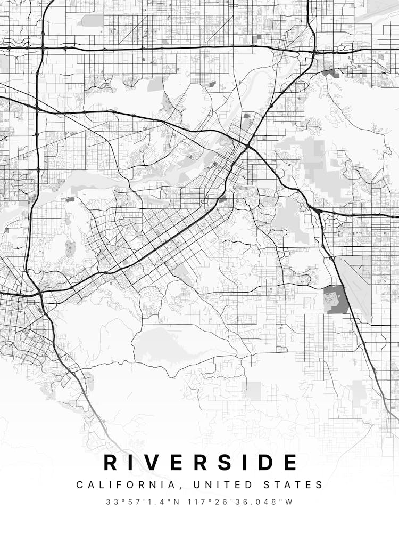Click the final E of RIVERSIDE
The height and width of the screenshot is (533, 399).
click(x=290, y=463)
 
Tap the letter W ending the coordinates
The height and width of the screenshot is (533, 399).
click(x=290, y=502)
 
